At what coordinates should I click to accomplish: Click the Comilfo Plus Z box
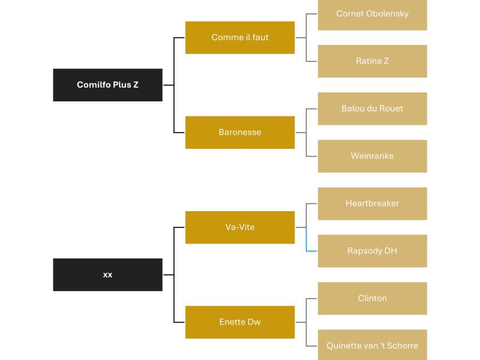click(x=107, y=85)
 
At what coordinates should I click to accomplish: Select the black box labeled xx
click(x=107, y=275)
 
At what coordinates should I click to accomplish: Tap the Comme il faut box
click(x=240, y=37)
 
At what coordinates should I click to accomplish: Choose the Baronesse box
click(x=240, y=132)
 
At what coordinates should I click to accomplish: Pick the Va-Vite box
click(x=240, y=227)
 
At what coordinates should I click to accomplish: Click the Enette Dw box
click(x=240, y=322)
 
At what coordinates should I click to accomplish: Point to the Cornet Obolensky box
click(x=372, y=14)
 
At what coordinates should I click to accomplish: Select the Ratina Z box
click(x=372, y=61)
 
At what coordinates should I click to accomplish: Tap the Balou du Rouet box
click(x=372, y=109)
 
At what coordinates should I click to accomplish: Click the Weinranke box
click(x=372, y=156)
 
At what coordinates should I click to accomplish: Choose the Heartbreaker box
click(x=372, y=203)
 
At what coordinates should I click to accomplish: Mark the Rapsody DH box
click(x=372, y=251)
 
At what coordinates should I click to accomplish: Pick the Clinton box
click(x=372, y=298)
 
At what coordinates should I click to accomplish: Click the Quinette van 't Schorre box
click(x=372, y=346)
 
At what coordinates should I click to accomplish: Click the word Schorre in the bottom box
click(x=402, y=346)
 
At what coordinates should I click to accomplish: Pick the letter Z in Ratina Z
click(x=386, y=61)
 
